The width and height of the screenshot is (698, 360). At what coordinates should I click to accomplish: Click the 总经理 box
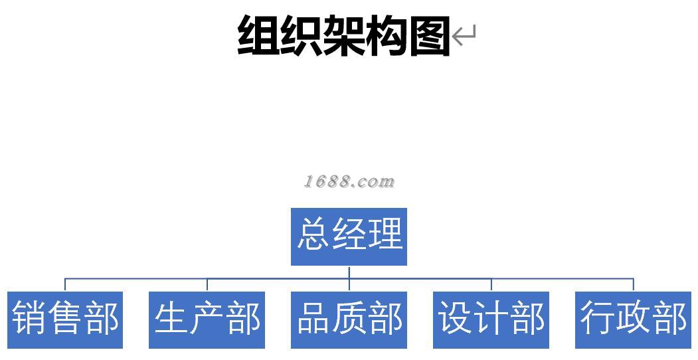349,236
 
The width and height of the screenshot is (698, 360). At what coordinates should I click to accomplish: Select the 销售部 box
65,319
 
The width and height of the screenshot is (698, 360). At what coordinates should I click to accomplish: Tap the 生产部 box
207,319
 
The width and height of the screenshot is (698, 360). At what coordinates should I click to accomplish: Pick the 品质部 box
349,319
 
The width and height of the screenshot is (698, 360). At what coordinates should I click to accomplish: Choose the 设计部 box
491,319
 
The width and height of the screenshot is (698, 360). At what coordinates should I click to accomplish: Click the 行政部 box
633,319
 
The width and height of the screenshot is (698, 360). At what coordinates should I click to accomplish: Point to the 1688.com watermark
349,181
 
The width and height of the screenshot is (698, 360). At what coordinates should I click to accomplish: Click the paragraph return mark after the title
464,35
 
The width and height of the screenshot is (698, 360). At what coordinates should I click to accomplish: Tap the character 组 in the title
258,35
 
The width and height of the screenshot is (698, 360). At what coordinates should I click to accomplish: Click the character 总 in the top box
313,234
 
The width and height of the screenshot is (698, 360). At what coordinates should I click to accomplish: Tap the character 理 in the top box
385,234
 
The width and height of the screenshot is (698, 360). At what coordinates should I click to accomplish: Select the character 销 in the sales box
29,318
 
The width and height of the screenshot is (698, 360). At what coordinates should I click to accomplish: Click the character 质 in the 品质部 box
349,318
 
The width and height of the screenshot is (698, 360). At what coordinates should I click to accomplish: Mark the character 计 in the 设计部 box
491,318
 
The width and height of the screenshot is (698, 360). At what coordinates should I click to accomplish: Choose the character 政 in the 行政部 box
634,318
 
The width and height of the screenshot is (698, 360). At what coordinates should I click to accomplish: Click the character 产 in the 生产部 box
207,318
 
